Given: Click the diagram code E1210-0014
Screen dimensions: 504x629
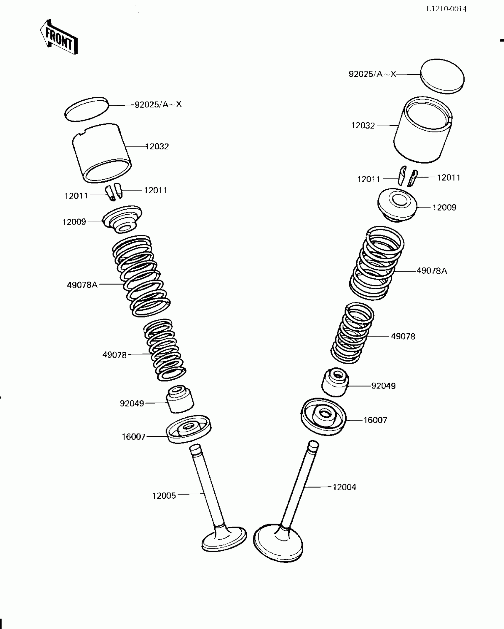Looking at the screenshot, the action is click(x=446, y=9).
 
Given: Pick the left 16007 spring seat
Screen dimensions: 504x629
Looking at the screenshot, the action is click(x=188, y=429).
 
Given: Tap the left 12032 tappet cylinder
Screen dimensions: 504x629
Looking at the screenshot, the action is click(x=102, y=153).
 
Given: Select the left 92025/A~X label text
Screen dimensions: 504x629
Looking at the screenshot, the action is click(x=158, y=104).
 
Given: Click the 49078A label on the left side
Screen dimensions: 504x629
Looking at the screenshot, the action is click(x=82, y=285).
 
